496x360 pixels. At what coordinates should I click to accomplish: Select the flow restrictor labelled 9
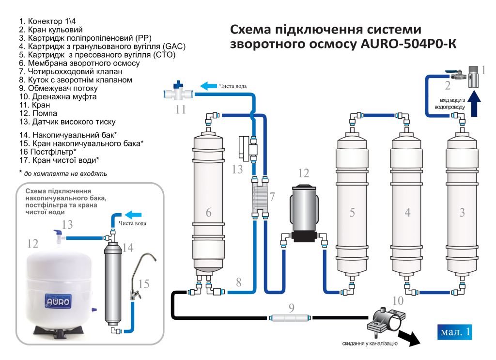[x=290, y=318]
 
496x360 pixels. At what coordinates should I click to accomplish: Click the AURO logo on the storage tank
[x=58, y=301]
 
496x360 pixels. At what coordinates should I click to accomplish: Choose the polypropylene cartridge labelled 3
[x=462, y=208]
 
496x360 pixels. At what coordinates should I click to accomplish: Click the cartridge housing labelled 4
[x=407, y=208]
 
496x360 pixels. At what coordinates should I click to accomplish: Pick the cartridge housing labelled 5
[x=352, y=208]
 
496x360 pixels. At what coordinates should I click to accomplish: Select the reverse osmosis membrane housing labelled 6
[x=209, y=203]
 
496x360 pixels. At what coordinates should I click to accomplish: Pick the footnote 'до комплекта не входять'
[x=65, y=173]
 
